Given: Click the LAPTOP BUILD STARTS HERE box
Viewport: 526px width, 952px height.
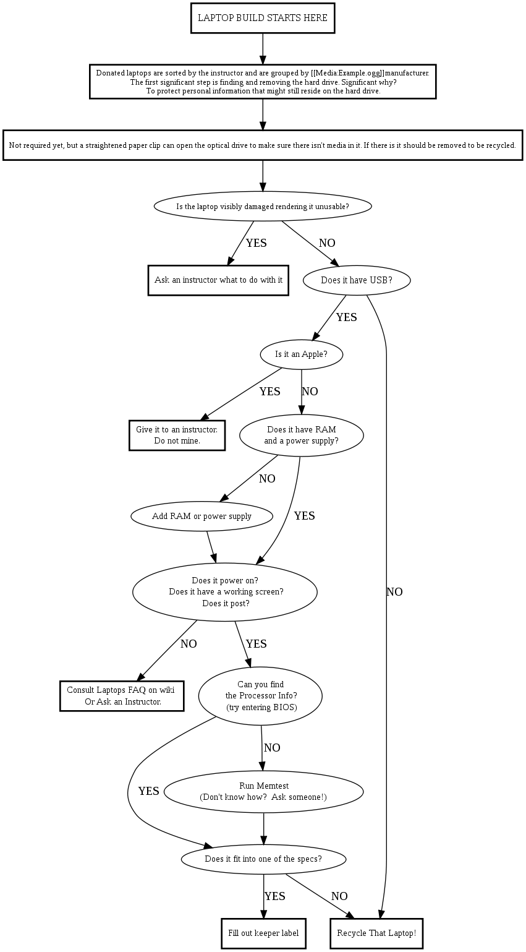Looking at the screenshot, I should point(263,18).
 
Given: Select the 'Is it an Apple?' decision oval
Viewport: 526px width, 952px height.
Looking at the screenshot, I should point(301,354).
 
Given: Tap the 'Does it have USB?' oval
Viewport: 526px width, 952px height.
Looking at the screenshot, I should point(357,280).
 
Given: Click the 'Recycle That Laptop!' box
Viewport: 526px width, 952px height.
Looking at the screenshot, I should point(376,933).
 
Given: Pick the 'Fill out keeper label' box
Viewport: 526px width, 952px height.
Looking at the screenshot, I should point(263,933).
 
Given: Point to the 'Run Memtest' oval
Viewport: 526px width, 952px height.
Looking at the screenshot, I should point(263,791).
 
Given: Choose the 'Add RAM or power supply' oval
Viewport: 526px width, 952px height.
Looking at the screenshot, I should point(201,516).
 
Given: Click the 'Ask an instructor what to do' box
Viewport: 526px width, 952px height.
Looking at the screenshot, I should point(218,280).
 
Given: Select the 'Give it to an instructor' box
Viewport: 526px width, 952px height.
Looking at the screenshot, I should point(177,435).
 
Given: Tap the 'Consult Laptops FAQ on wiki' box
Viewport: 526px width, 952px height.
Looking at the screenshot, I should point(122,696).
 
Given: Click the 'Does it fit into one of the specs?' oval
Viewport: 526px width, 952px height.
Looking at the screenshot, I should point(263,859).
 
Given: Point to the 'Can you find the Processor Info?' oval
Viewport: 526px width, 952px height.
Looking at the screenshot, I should point(260,696).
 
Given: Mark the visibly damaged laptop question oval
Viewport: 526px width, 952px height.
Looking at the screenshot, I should point(263,206).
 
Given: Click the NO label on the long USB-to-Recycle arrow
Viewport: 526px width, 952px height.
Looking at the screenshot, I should point(394,592).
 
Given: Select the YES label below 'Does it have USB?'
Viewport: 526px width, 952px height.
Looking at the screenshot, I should point(346,317).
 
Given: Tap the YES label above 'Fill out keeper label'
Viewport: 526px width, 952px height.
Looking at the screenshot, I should point(274,896).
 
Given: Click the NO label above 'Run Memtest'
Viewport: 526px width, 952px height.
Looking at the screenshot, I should point(272,748).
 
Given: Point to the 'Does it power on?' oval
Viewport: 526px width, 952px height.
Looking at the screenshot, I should point(225,591).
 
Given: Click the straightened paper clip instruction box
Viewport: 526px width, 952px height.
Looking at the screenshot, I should point(263,145).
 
